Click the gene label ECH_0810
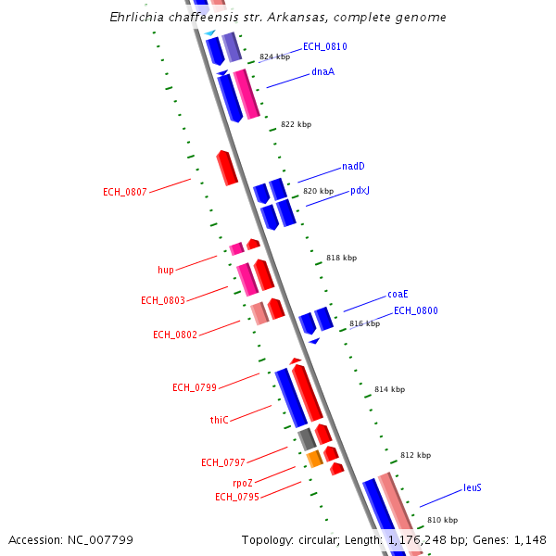[324, 46]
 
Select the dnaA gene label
[322, 71]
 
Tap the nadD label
[353, 167]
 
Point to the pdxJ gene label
[360, 191]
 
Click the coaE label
[398, 295]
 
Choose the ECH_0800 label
[415, 311]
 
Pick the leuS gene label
[473, 487]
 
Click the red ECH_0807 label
[125, 193]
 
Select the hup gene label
[166, 271]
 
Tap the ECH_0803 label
[163, 301]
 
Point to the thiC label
[219, 420]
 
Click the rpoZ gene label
[243, 483]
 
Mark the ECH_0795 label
[237, 498]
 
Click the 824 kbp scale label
[274, 57]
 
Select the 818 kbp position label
[341, 259]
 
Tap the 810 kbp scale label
[442, 520]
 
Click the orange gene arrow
[315, 458]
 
